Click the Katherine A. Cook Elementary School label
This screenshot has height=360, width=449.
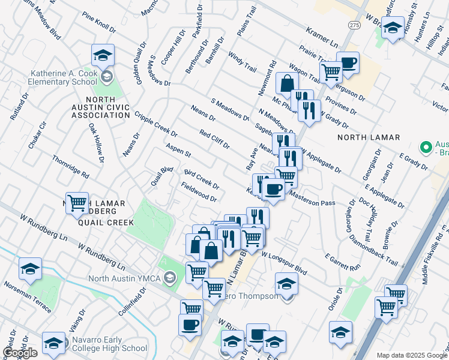point(64,77)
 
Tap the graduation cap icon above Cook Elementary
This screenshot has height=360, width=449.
point(103,56)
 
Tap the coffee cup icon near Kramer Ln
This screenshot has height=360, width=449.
point(348,62)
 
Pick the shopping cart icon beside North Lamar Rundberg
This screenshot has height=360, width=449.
point(77,203)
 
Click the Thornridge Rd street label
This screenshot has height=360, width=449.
point(70,166)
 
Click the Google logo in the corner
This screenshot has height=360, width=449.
point(20,352)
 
